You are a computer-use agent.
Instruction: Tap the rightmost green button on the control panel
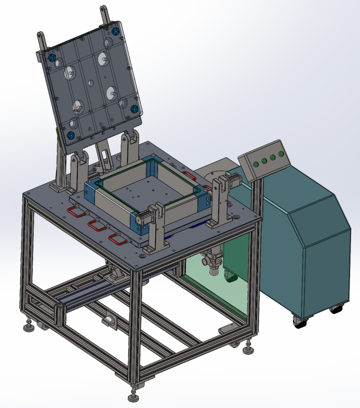tap(281, 154)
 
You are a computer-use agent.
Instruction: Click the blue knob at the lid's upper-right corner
tap(115, 32)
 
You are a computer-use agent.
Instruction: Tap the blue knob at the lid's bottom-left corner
tap(70, 135)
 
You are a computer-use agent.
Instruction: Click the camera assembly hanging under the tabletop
tap(213, 263)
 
